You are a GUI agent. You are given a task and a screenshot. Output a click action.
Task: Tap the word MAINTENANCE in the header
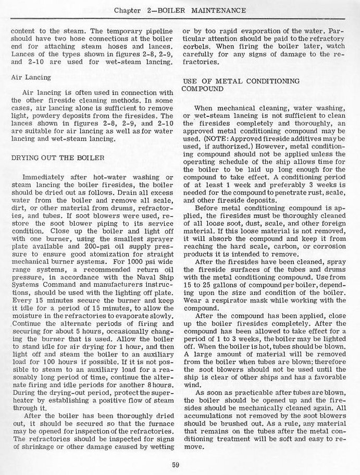point(217,10)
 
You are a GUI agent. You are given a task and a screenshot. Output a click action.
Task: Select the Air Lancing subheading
point(31,77)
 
